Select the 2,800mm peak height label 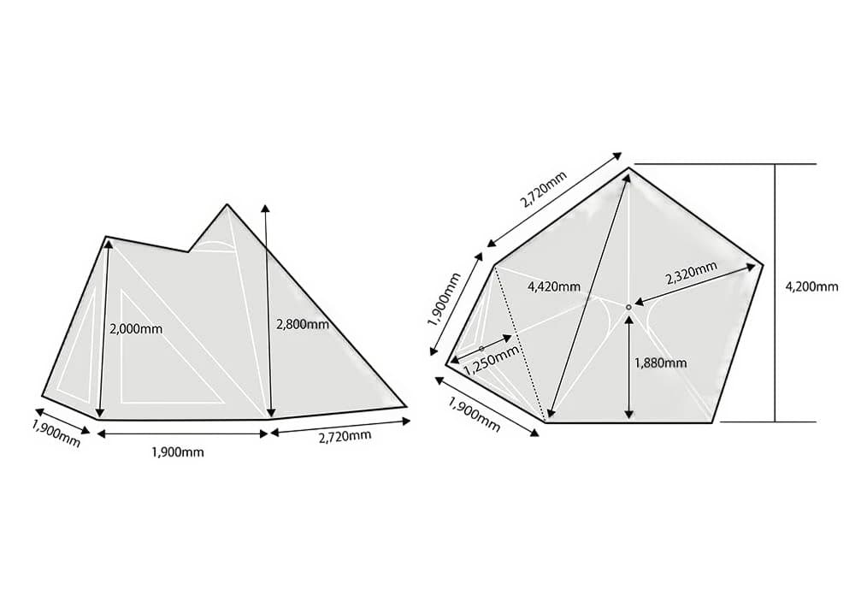(303, 324)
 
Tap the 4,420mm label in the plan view (554, 285)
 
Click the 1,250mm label (491, 359)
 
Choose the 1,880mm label (660, 362)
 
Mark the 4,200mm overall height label (811, 286)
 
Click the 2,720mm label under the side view (345, 437)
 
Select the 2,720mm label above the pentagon (544, 194)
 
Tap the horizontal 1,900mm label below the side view (177, 451)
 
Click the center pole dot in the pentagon (628, 306)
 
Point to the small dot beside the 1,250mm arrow (481, 348)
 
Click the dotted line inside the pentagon (520, 342)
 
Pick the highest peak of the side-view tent (227, 204)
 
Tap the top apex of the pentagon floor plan (630, 168)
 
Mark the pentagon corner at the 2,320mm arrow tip (763, 264)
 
